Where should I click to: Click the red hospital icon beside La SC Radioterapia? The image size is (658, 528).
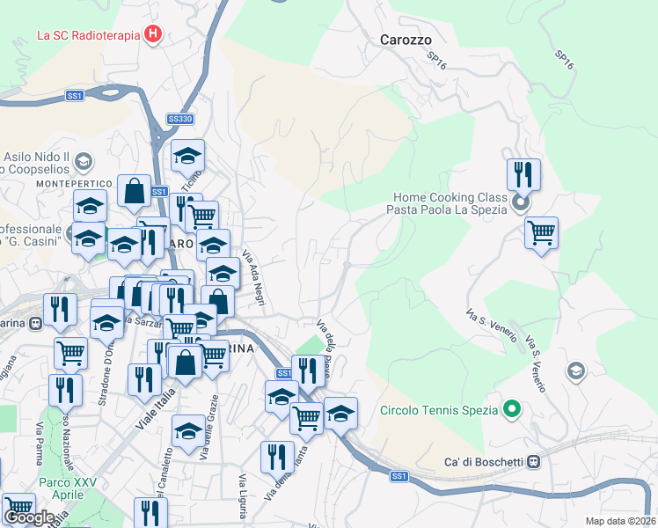pos(154,35)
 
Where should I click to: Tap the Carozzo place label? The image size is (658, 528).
pos(406,40)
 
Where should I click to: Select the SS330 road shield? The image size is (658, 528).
pos(179,119)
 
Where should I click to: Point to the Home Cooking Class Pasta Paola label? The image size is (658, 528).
pos(447,203)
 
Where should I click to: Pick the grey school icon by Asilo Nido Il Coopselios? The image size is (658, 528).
pos(84,161)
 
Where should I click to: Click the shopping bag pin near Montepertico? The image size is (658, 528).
pos(133,192)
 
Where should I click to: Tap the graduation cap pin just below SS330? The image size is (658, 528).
pos(187,157)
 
